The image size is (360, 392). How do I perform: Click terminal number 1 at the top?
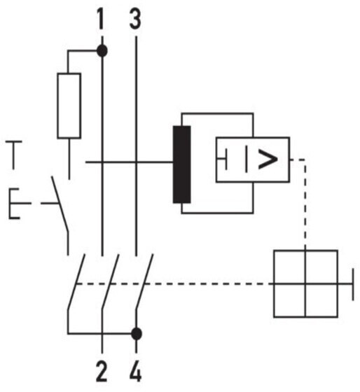101,18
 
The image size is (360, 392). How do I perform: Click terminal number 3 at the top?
135,18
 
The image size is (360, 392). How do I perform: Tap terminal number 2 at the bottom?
102,372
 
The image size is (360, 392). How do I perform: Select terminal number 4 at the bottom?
136,372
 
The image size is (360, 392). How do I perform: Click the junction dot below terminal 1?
102,50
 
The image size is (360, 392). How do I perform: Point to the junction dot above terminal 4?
137,334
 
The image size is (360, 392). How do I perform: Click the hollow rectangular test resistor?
69,106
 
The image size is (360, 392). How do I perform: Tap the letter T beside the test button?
14,155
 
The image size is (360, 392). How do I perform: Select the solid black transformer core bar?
182,164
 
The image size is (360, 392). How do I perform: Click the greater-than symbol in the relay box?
268,159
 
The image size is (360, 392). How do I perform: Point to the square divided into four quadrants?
305,283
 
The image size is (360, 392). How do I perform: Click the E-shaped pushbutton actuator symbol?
15,204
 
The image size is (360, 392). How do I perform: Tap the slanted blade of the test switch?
60,204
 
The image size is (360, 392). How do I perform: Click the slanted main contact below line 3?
144,283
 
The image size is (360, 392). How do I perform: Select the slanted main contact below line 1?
110,283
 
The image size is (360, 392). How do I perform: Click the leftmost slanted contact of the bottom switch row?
76,283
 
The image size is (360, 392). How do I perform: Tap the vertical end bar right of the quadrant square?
353,284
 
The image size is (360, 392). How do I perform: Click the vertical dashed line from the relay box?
305,204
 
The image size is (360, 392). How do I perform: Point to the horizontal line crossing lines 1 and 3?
130,162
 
